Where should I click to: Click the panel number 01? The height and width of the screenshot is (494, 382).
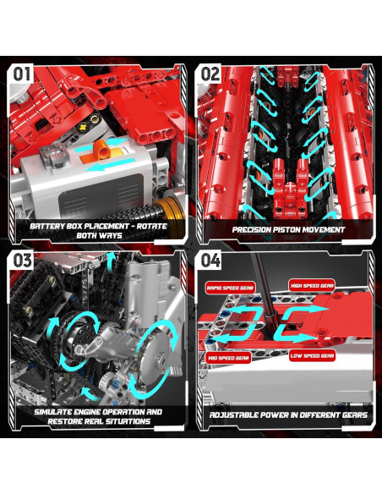22,74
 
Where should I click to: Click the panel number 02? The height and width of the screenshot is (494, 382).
210,74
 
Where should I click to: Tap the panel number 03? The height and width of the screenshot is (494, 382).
22,260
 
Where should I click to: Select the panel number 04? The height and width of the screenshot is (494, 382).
210,260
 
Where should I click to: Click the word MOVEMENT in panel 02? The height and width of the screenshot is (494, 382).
322,228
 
